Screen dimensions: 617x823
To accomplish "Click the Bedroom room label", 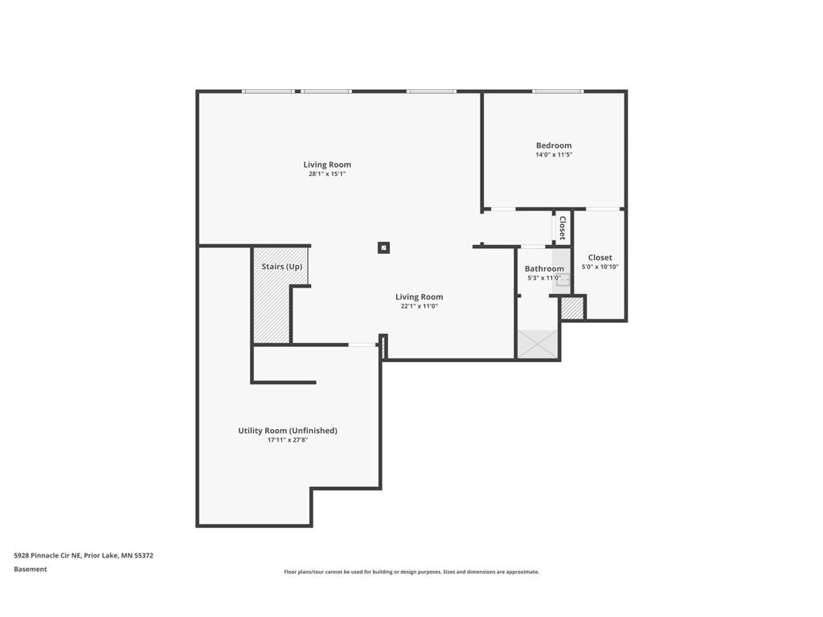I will pyautogui.click(x=554, y=145).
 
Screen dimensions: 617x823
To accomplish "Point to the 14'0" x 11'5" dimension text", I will pyautogui.click(x=554, y=155).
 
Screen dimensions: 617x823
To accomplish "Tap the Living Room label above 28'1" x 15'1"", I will pyautogui.click(x=327, y=165).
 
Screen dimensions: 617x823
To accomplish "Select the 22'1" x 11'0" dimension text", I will pyautogui.click(x=420, y=306).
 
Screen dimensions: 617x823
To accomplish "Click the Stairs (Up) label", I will pyautogui.click(x=282, y=266).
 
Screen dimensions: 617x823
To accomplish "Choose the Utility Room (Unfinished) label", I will pyautogui.click(x=288, y=431).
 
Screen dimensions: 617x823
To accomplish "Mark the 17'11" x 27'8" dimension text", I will pyautogui.click(x=288, y=440).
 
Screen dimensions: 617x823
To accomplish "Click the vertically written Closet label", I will pyautogui.click(x=563, y=228).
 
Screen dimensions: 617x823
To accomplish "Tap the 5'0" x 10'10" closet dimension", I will pyautogui.click(x=600, y=267).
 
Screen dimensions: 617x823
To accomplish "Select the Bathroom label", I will pyautogui.click(x=544, y=268).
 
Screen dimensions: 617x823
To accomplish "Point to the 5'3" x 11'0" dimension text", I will pyautogui.click(x=544, y=278).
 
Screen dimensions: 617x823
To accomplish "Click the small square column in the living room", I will pyautogui.click(x=383, y=247).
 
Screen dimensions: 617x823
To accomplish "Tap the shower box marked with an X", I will pyautogui.click(x=538, y=343).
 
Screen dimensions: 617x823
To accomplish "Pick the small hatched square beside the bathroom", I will pyautogui.click(x=572, y=308).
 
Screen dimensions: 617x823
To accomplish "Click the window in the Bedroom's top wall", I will pyautogui.click(x=558, y=92).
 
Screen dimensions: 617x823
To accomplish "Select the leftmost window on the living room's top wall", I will pyautogui.click(x=268, y=92).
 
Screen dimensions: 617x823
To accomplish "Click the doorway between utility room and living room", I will pyautogui.click(x=362, y=345).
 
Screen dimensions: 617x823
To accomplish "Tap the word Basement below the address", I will pyautogui.click(x=31, y=569).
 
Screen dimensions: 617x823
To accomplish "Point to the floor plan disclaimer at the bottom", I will pyautogui.click(x=411, y=572).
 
